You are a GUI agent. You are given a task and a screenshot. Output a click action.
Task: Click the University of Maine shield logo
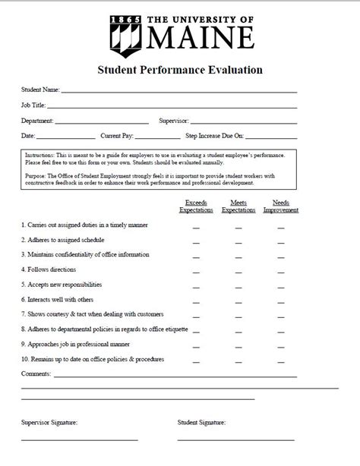click(124, 33)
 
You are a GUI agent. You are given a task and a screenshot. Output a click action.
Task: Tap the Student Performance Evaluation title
click(180, 70)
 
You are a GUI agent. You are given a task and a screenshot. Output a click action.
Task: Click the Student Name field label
click(39, 90)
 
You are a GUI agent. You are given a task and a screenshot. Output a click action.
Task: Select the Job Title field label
click(34, 105)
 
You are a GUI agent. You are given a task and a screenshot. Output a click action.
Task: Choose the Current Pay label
click(117, 136)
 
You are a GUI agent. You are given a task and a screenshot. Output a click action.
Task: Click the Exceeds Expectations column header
click(195, 206)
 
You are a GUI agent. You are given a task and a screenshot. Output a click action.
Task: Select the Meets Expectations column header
click(238, 206)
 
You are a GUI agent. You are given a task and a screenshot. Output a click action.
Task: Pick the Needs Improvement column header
click(280, 206)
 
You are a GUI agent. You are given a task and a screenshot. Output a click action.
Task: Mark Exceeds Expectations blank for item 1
click(195, 227)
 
